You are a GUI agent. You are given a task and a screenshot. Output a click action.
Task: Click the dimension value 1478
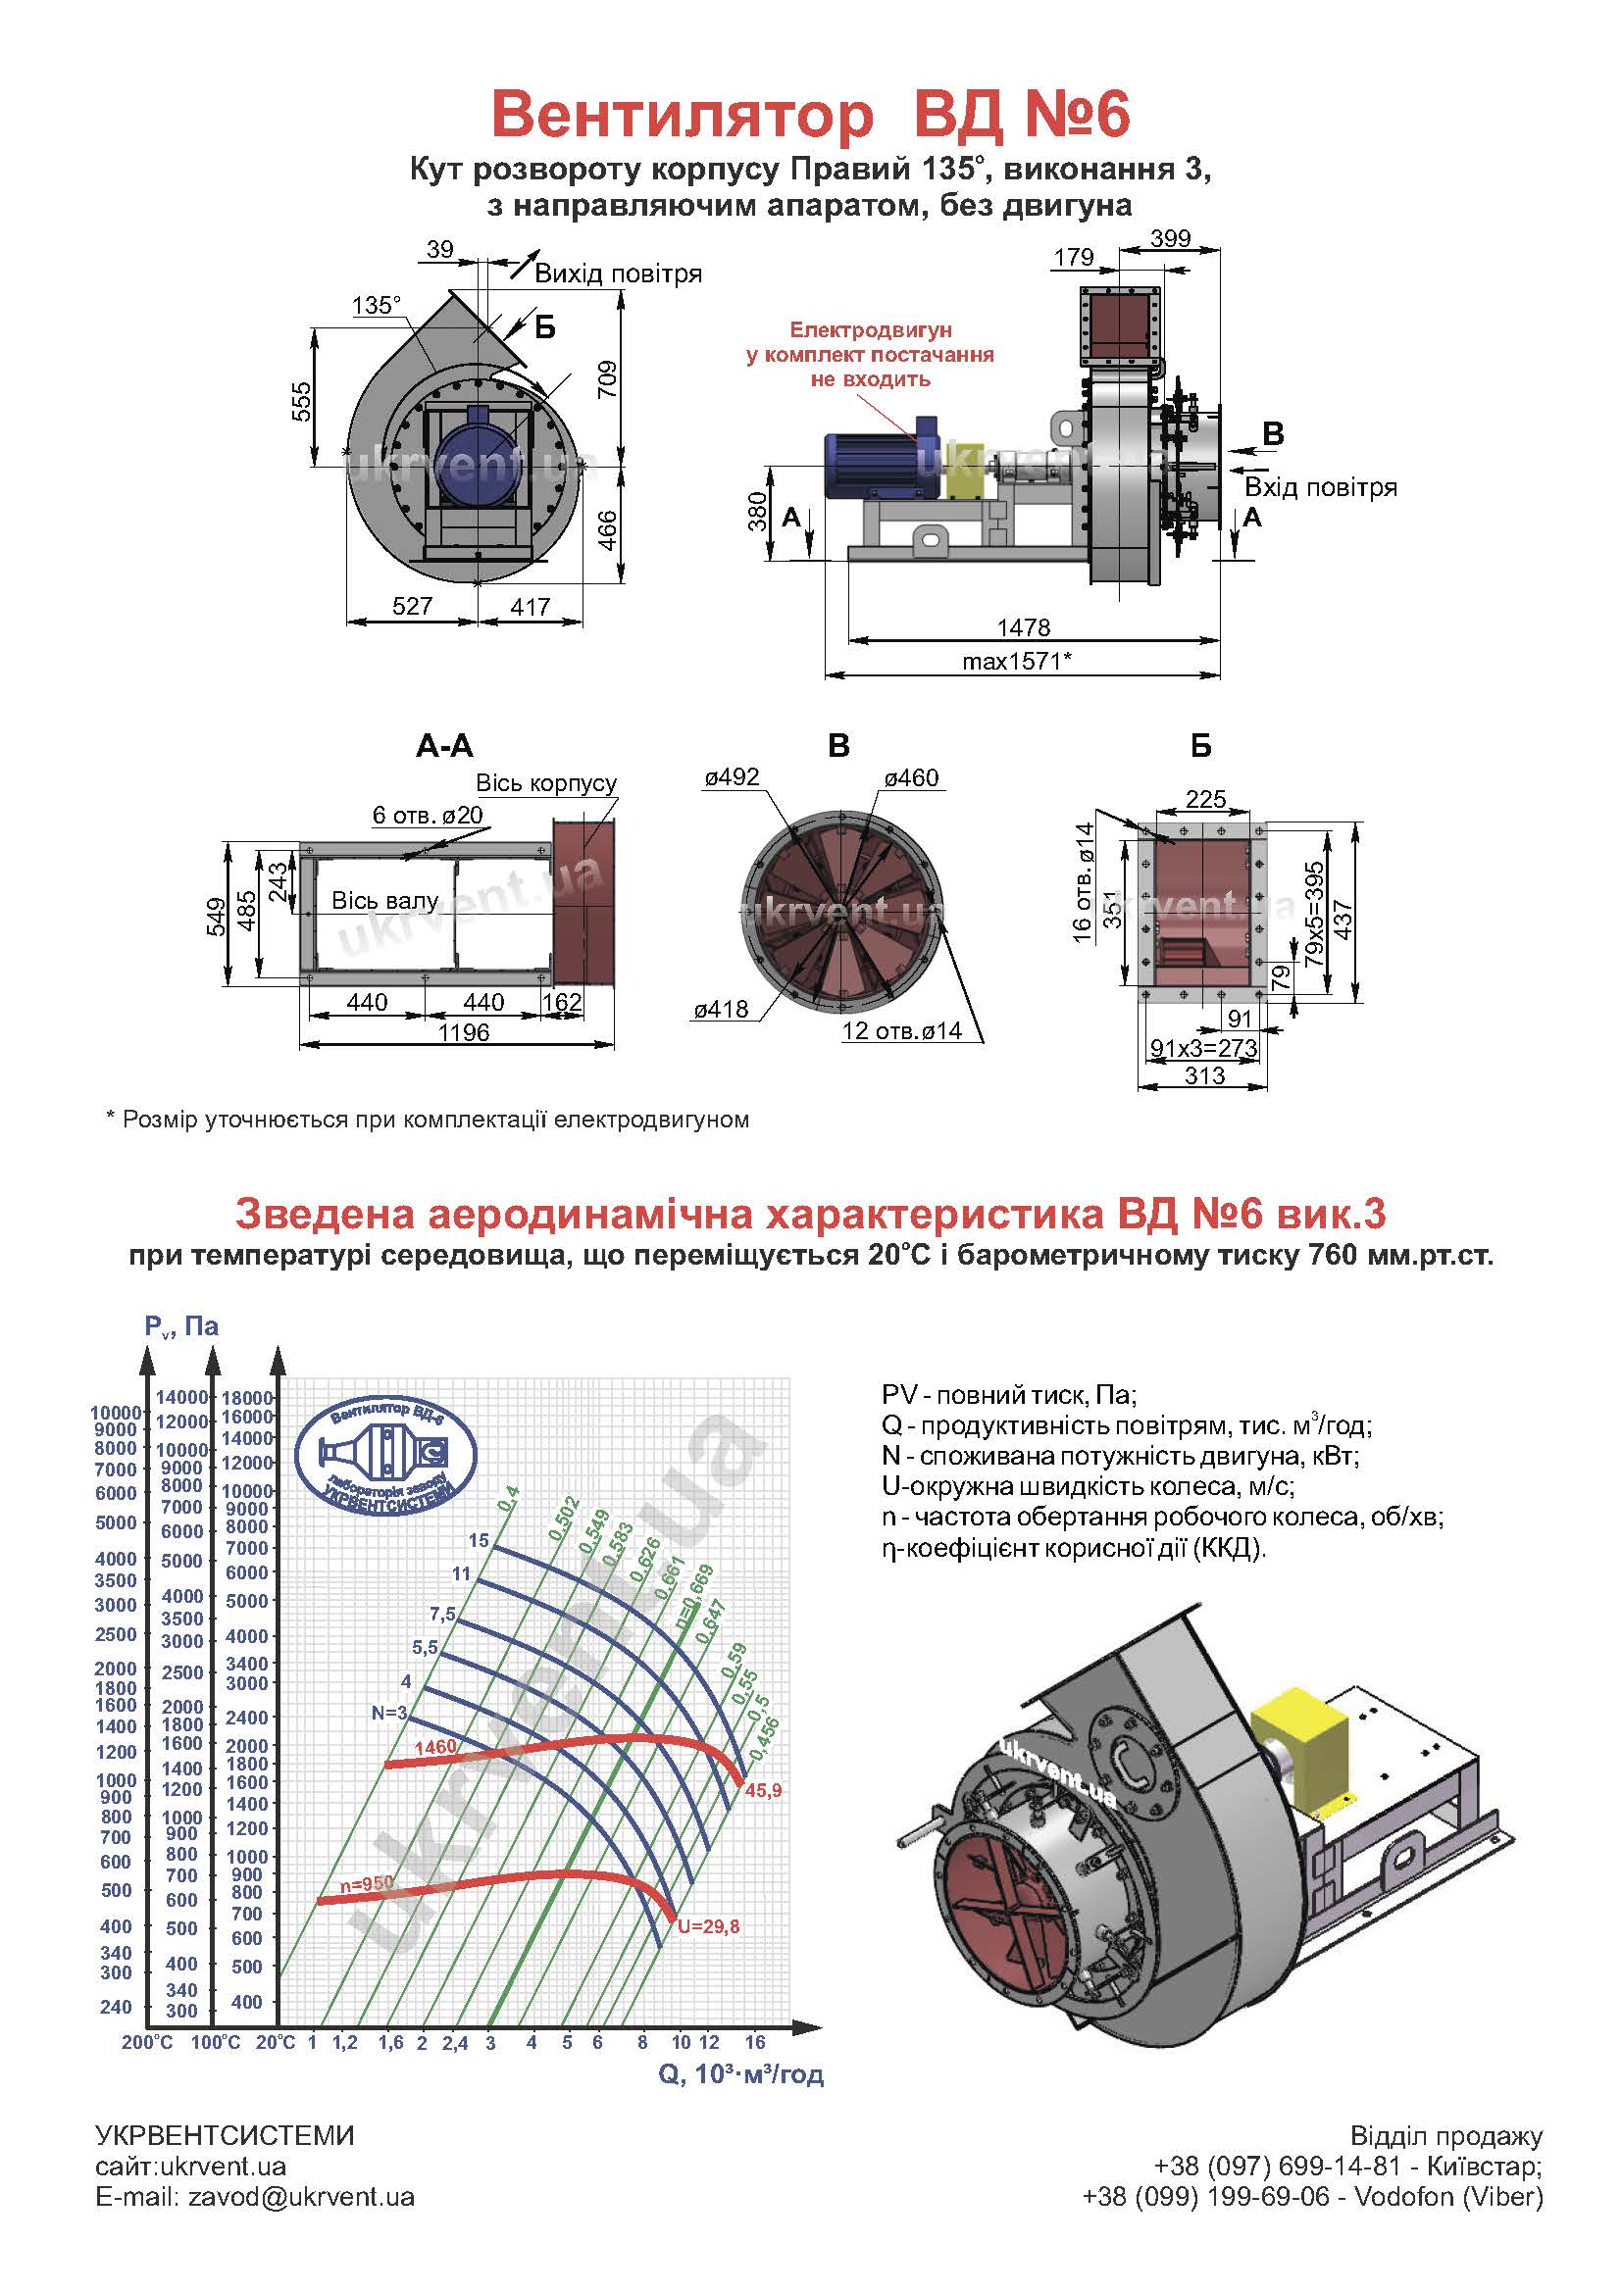coord(1024,627)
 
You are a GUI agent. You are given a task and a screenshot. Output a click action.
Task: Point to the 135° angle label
coord(377,305)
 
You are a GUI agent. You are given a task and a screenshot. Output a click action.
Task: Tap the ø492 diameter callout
coord(733,777)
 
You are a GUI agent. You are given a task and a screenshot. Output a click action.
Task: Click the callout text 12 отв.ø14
coord(902,1030)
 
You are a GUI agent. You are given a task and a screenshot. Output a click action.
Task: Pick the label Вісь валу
coord(384,901)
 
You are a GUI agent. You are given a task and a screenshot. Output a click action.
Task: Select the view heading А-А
coord(444,745)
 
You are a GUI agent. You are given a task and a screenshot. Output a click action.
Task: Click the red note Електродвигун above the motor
coord(870,329)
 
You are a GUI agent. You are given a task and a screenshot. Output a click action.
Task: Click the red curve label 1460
coord(435,1747)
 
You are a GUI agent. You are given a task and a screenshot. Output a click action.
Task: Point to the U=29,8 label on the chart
coord(708,1926)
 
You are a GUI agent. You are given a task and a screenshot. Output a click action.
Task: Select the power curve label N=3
coord(389,1714)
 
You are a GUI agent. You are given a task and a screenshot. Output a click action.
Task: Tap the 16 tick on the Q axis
coord(755,2042)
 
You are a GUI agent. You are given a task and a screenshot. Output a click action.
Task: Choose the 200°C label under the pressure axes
coord(147,2042)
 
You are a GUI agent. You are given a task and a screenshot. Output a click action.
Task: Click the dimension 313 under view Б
coord(1204,1075)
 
